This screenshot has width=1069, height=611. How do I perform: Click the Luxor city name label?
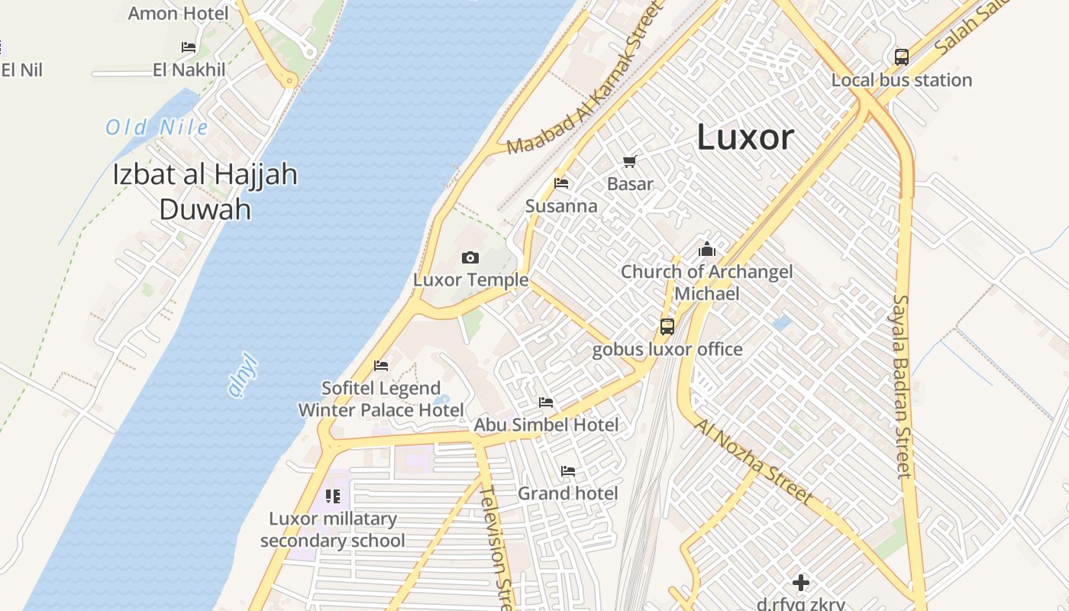pyautogui.click(x=745, y=137)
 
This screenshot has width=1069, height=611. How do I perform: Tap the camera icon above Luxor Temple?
pyautogui.click(x=470, y=258)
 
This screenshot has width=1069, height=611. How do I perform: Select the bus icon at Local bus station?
pyautogui.click(x=902, y=57)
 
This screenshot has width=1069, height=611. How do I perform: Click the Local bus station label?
pyautogui.click(x=902, y=80)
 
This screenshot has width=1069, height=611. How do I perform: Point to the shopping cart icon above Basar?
pyautogui.click(x=629, y=161)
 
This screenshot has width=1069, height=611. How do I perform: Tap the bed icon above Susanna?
pyautogui.click(x=561, y=183)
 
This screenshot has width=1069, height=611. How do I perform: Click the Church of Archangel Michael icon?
pyautogui.click(x=707, y=249)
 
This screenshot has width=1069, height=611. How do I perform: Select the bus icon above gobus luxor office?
pyautogui.click(x=667, y=327)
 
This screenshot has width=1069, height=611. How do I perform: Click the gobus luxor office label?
pyautogui.click(x=667, y=350)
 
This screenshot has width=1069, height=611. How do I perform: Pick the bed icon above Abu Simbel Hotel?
pyautogui.click(x=546, y=402)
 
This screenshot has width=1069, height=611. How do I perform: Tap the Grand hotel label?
pyautogui.click(x=567, y=493)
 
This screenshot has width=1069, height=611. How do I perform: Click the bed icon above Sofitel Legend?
pyautogui.click(x=381, y=366)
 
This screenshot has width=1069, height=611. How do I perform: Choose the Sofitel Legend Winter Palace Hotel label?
pyautogui.click(x=381, y=399)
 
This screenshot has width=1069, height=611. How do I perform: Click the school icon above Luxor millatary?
pyautogui.click(x=332, y=496)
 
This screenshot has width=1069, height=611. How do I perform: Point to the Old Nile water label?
pyautogui.click(x=157, y=127)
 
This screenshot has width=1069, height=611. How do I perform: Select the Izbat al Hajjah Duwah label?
pyautogui.click(x=205, y=190)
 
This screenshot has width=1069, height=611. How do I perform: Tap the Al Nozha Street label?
pyautogui.click(x=753, y=461)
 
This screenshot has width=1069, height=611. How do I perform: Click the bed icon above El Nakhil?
pyautogui.click(x=189, y=47)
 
